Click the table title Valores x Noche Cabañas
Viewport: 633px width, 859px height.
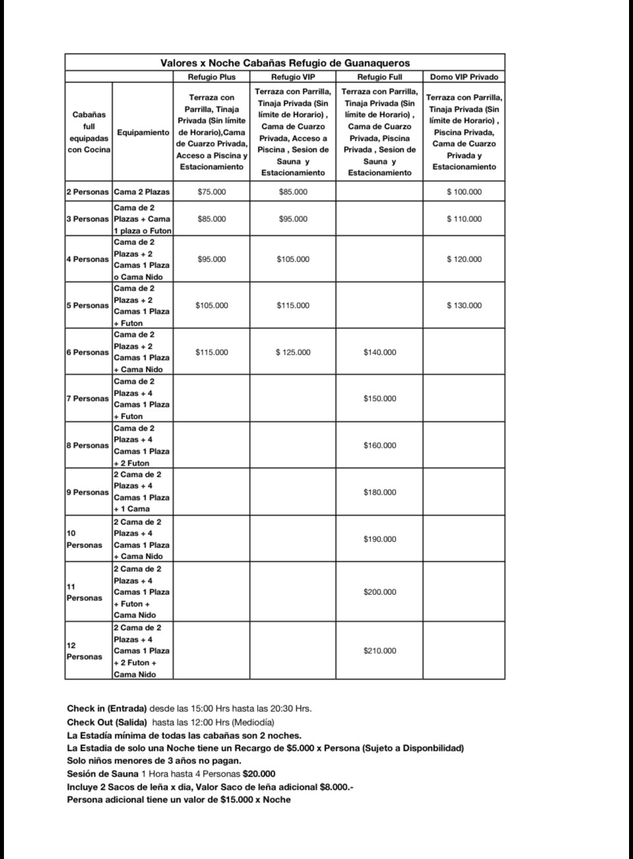(285, 63)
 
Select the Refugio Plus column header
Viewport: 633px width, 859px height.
(212, 77)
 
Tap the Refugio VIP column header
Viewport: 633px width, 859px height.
(293, 77)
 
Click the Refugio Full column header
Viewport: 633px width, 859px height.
(379, 77)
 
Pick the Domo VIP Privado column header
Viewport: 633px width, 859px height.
(464, 77)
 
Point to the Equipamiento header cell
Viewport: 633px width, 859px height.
(143, 133)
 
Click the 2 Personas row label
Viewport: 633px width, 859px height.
(87, 192)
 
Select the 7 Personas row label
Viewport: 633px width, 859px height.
(87, 399)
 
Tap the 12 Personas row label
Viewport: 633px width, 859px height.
(84, 651)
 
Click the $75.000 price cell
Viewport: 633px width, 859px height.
(212, 192)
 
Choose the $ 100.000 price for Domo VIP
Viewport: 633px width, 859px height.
(464, 192)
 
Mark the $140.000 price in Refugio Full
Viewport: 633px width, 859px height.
(380, 353)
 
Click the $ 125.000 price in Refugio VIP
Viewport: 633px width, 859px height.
(293, 353)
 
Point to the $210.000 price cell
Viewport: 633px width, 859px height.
(380, 651)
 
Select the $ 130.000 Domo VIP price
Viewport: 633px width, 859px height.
(464, 306)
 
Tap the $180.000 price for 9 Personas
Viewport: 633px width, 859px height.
(380, 493)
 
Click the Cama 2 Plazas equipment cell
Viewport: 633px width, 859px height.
(142, 192)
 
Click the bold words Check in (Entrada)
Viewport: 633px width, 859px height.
(107, 709)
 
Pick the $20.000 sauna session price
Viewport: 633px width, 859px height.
(259, 774)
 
